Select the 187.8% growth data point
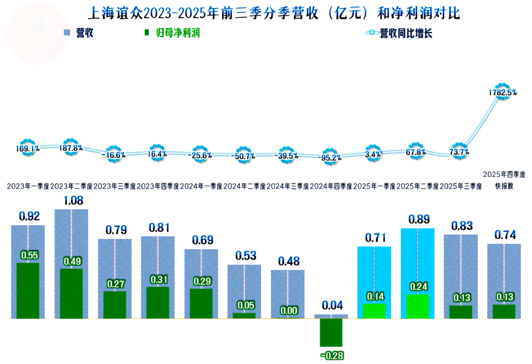click(x=70, y=148)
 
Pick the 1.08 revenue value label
click(x=71, y=200)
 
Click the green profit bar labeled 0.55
click(x=28, y=291)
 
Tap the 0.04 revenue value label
click(x=331, y=305)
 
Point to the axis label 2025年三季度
click(x=460, y=187)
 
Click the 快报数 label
click(x=504, y=187)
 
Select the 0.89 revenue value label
click(x=418, y=219)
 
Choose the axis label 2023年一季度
click(x=28, y=187)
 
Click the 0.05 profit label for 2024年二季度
click(x=244, y=305)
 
